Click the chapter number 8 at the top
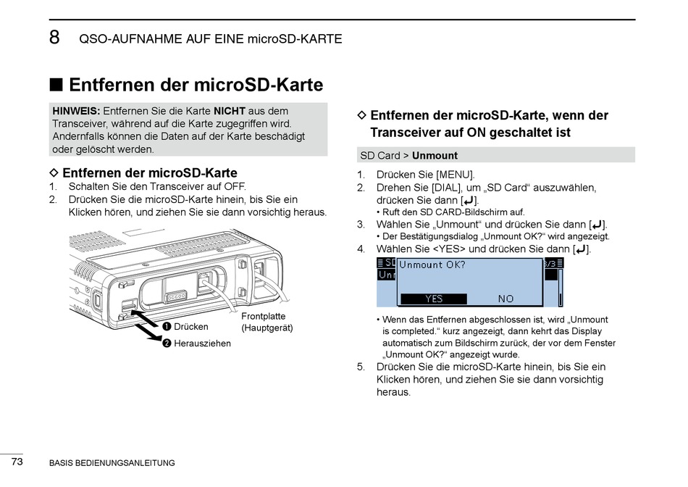54,38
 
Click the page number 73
17,461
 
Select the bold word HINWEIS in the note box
76,111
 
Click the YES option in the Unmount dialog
434,299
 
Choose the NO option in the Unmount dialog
505,299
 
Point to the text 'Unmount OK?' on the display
432,265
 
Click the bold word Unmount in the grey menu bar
435,155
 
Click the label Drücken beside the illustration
190,327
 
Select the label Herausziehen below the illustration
202,344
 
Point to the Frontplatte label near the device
263,316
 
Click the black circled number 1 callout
167,327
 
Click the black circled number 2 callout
167,344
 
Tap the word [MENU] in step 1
455,175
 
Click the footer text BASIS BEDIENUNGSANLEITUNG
112,463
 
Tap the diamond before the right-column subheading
363,115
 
